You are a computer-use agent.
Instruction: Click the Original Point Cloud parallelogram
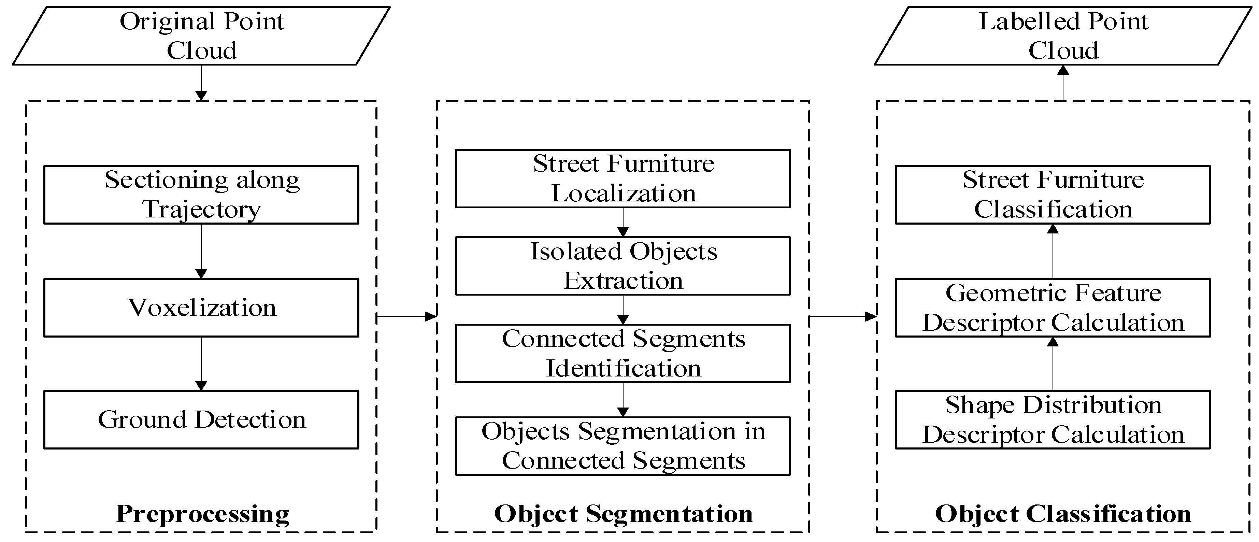pos(201,36)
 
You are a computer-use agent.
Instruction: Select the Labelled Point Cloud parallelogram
pos(1063,36)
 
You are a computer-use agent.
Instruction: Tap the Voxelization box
pos(201,308)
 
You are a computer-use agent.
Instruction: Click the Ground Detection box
pos(201,420)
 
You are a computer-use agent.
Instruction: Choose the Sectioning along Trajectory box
pos(201,195)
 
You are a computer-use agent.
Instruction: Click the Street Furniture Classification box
pos(1053,195)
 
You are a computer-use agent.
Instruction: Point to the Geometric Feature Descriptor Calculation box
pos(1053,308)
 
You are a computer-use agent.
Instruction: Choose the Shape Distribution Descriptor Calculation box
pos(1053,420)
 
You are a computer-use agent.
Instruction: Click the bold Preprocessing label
pos(202,514)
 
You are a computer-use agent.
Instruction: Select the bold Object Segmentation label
pos(623,514)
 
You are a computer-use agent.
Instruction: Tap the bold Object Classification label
pos(1063,514)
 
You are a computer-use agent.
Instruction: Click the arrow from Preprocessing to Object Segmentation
pos(406,317)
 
